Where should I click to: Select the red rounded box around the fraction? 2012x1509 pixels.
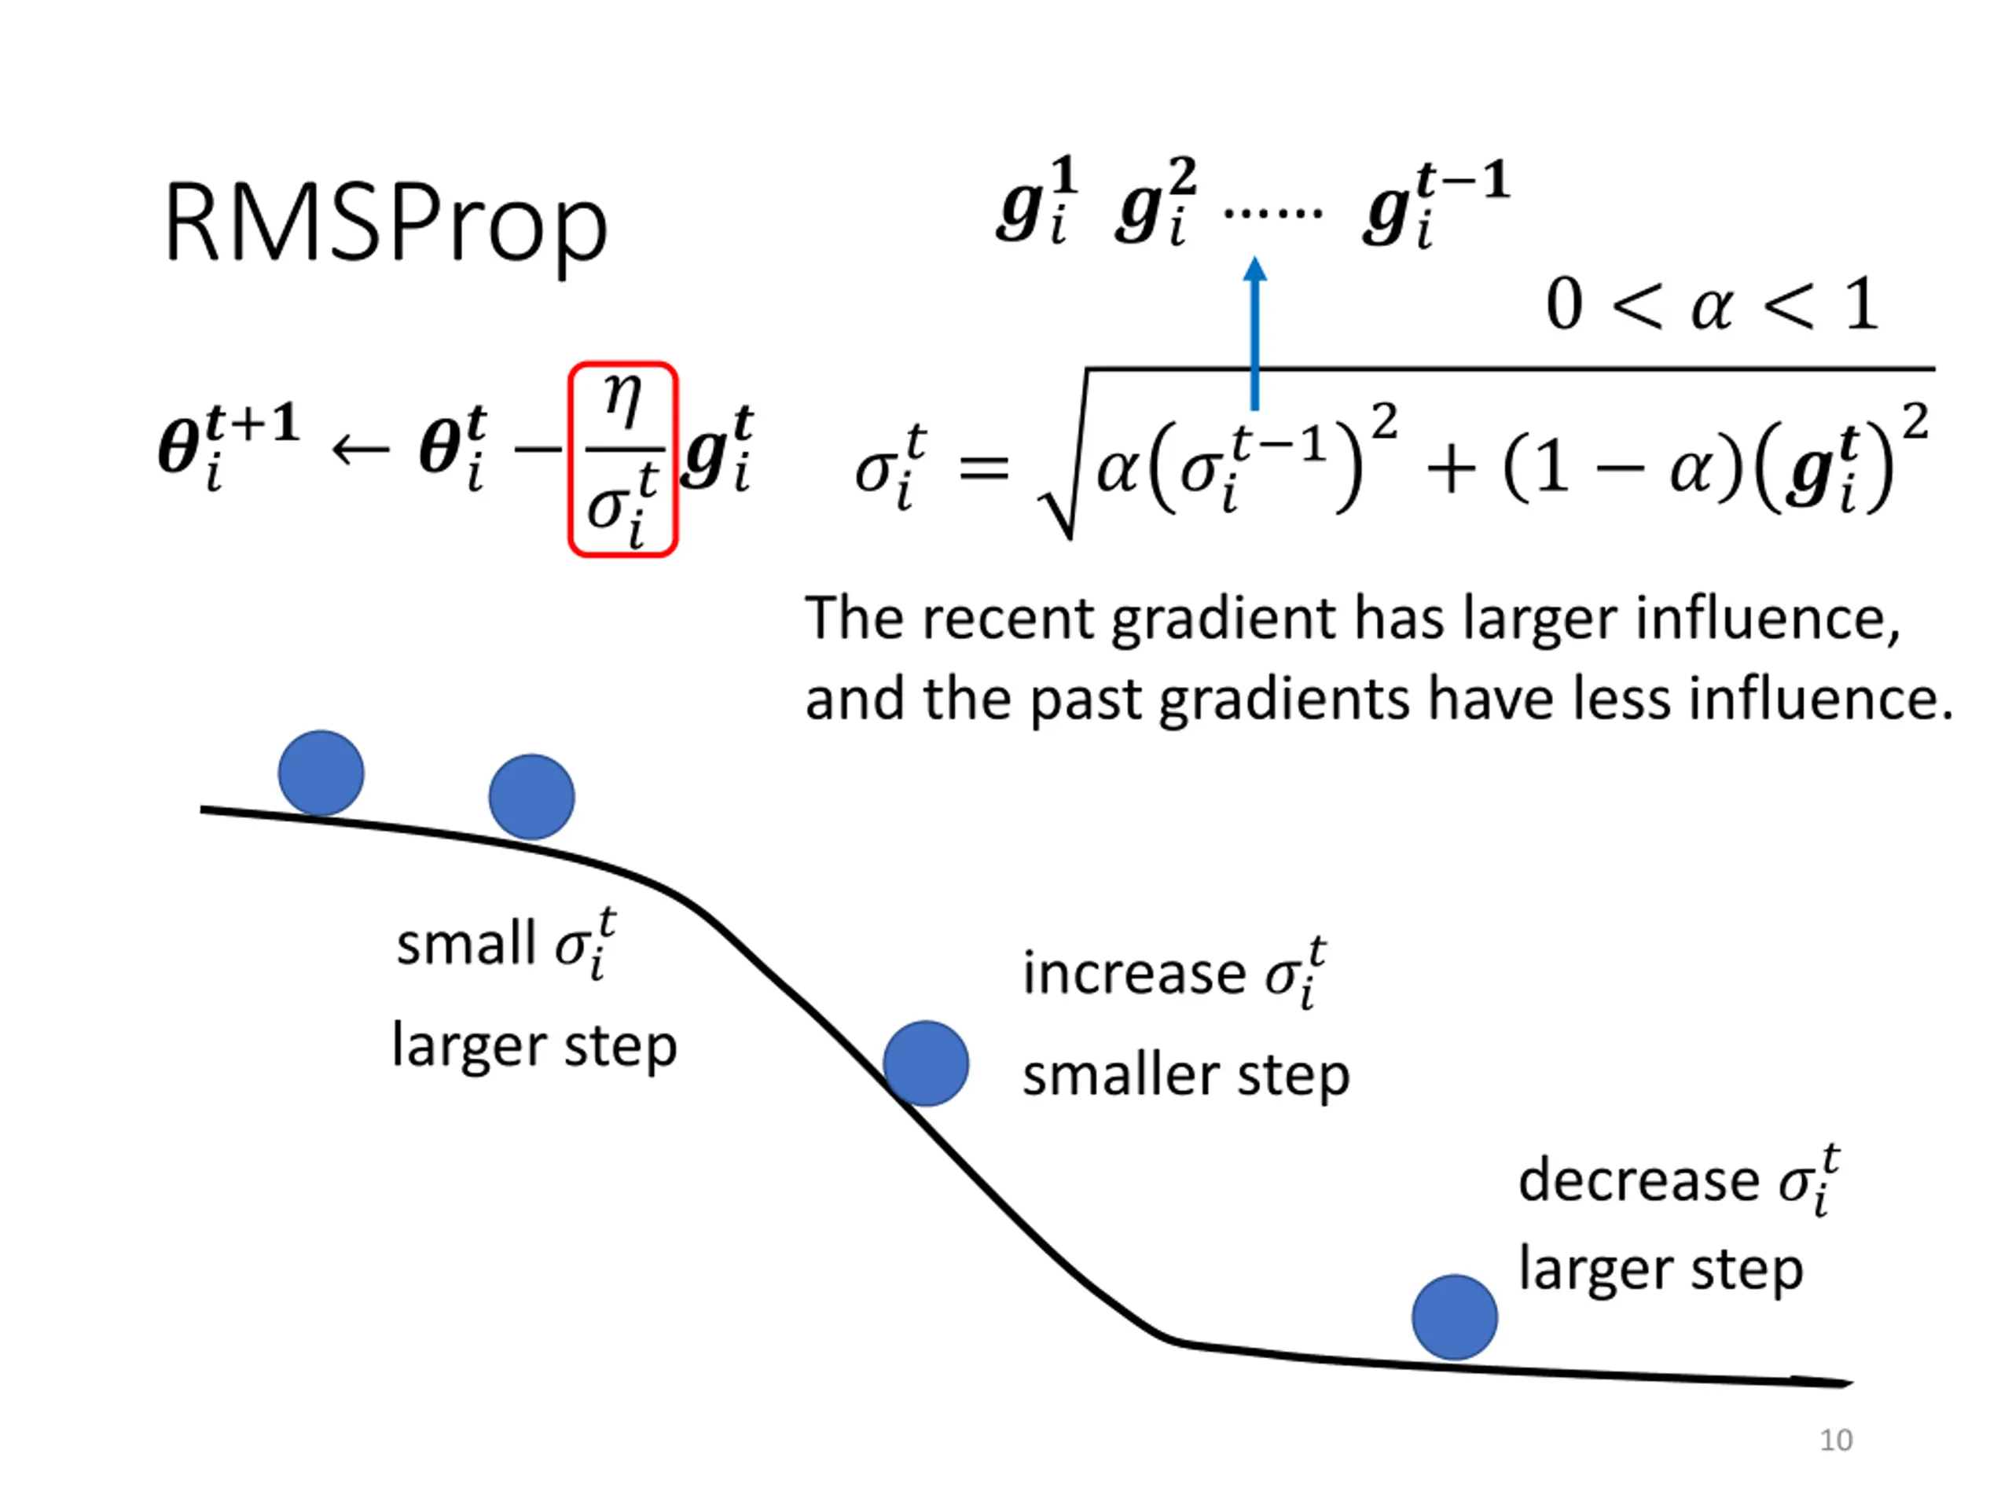[x=623, y=459]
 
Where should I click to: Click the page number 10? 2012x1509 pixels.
[x=1835, y=1440]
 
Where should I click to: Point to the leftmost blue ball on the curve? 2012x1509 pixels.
[x=321, y=773]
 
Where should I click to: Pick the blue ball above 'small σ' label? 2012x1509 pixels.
[x=531, y=797]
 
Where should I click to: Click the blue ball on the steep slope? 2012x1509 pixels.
[x=925, y=1063]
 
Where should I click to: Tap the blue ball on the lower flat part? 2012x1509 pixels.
[x=1455, y=1317]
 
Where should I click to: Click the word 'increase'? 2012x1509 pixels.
[x=1133, y=974]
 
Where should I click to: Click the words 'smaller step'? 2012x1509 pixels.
[x=1185, y=1076]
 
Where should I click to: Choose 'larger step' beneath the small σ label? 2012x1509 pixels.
[x=534, y=1046]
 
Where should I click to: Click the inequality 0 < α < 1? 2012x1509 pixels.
[x=1711, y=305]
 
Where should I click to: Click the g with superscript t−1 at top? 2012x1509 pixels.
[x=1435, y=204]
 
